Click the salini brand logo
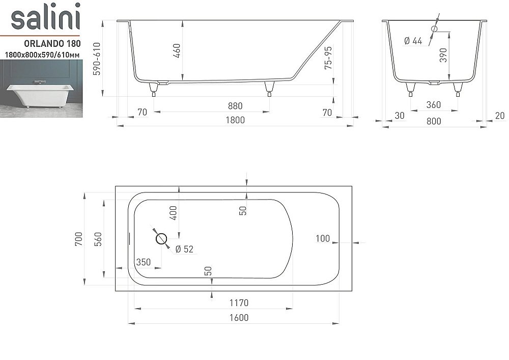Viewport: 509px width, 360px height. [46, 18]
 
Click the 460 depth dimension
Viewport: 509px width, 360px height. [177, 51]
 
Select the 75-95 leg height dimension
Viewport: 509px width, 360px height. [328, 58]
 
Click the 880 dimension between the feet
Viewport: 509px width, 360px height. [235, 106]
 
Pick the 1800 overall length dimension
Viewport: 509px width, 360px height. [235, 120]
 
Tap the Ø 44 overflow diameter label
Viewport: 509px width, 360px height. [413, 41]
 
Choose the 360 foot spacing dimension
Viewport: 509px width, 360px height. [433, 105]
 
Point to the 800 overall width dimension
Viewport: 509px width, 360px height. [434, 121]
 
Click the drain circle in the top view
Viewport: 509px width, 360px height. [161, 238]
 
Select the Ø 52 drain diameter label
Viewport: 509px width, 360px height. [184, 249]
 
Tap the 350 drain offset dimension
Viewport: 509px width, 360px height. [143, 262]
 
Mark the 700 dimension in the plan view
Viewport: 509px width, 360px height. [78, 239]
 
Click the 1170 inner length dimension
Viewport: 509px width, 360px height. [238, 303]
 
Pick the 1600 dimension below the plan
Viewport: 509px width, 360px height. [238, 318]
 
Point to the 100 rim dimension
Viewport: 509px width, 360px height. [323, 238]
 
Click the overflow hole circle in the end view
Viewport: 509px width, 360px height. [434, 29]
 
